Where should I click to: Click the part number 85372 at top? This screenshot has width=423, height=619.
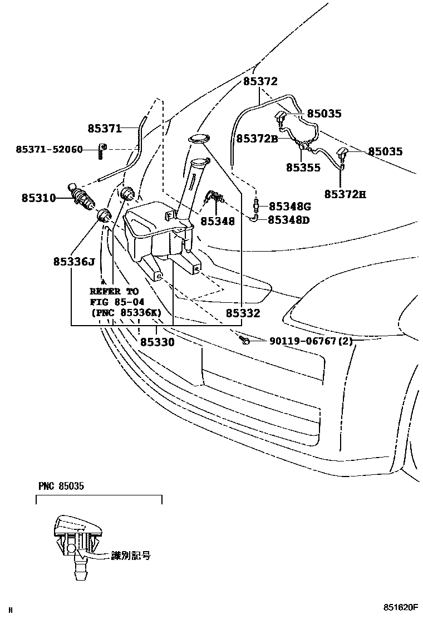[260, 81]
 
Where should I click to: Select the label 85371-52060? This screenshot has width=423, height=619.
[49, 150]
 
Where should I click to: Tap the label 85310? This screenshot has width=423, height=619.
[38, 198]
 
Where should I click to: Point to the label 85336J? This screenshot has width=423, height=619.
[75, 261]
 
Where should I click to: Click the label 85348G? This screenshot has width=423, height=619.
[289, 207]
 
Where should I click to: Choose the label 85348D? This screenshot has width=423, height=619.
[289, 220]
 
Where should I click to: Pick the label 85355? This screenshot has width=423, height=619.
[303, 166]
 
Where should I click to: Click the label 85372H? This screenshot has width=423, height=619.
[346, 195]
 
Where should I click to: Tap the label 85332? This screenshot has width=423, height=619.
[243, 314]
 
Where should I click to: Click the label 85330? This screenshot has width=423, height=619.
[157, 342]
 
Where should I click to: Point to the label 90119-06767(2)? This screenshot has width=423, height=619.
[311, 340]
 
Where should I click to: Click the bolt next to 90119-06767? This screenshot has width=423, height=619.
[243, 339]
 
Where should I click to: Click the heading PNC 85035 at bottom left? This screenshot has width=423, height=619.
[61, 487]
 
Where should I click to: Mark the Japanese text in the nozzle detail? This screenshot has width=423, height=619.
[131, 555]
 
